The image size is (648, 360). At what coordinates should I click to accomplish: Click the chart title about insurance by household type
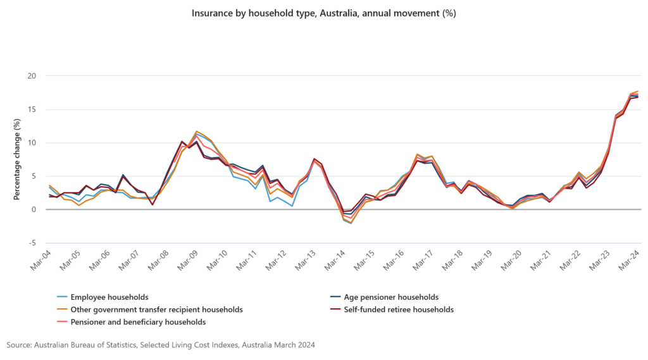point(323,12)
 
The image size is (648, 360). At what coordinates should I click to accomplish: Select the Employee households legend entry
point(109,297)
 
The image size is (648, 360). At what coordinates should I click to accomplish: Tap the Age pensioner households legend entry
point(390,297)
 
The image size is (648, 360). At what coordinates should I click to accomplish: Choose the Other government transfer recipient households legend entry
point(156,309)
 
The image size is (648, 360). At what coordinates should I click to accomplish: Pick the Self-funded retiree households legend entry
point(398,309)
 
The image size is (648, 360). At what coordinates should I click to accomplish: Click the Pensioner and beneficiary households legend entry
point(138,322)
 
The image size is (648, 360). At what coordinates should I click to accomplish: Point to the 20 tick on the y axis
point(32,76)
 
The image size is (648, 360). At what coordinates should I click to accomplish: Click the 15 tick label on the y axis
point(32,109)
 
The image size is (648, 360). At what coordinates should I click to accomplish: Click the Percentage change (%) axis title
point(16,159)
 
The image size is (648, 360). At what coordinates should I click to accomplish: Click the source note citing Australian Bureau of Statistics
point(161,345)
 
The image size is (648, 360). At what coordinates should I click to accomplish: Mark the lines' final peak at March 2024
point(637,92)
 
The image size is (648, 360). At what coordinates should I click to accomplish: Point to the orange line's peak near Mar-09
point(197,132)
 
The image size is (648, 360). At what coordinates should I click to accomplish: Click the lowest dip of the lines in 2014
point(351,223)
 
